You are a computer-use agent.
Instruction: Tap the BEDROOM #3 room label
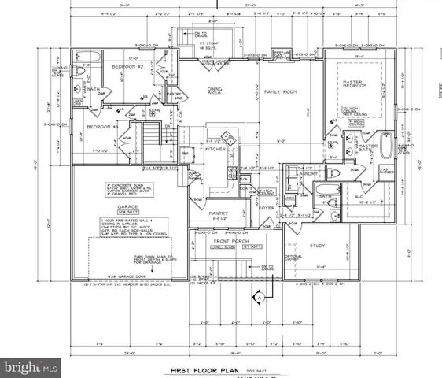(101, 127)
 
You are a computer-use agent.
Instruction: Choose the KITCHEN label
(215, 148)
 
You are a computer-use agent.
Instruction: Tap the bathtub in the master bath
(388, 147)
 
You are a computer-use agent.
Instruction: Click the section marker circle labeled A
(257, 298)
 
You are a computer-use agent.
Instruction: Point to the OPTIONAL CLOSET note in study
(293, 258)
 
